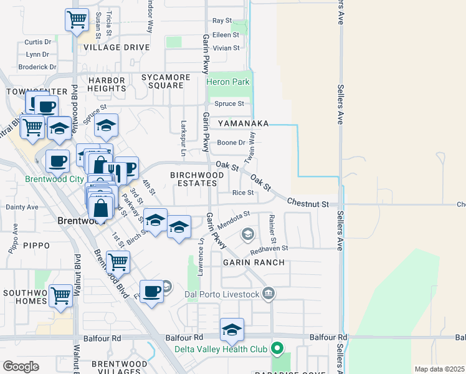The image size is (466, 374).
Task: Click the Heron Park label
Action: point(228,82)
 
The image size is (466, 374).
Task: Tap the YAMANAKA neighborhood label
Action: point(243,123)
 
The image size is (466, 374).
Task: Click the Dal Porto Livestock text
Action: point(221,294)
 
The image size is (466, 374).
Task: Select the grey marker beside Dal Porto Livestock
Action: point(269,293)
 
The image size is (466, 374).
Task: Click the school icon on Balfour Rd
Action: point(232,330)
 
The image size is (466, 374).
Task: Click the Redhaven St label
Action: point(269,247)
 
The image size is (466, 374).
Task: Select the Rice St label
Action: point(243,193)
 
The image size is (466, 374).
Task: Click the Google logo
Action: point(21,367)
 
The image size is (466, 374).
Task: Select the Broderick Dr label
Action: point(37,67)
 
